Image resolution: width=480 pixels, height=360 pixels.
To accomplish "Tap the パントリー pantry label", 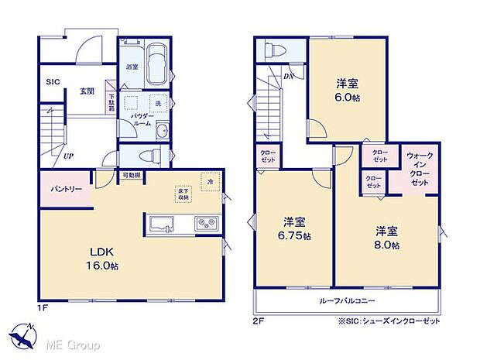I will pos(67,189).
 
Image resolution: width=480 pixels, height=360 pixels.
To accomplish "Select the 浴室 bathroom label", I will pos(132,67).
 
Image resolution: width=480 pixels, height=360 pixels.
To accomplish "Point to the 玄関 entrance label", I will pos(87,91).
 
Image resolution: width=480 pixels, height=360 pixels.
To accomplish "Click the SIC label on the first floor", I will pos(53,81).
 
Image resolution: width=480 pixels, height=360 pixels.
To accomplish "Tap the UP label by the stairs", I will pos(69,156).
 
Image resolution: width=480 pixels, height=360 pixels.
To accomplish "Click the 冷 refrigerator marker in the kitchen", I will pos(209,180).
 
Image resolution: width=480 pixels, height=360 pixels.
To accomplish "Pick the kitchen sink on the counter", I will pos(161,225).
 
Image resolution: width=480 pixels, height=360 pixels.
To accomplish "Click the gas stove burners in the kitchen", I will pos(207,225).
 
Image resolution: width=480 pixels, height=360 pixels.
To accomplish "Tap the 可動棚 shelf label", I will pos(131,176).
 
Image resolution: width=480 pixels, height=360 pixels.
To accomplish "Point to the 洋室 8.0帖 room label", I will pos(387,238).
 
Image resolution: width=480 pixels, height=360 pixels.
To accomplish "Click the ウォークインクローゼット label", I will pos(420,166).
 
